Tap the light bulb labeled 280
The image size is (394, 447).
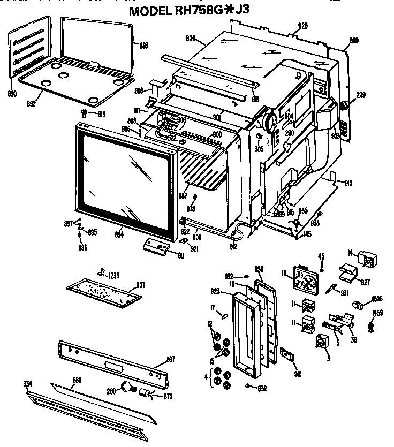click(127, 387)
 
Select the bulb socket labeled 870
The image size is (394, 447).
click(145, 395)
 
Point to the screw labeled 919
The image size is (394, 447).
click(85, 112)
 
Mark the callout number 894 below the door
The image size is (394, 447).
click(119, 234)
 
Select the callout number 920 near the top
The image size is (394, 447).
click(303, 26)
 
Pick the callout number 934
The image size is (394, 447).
click(27, 383)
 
